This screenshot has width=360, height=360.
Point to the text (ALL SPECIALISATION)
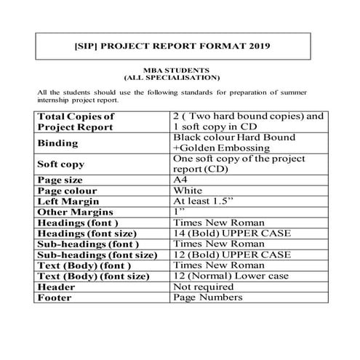[172, 77]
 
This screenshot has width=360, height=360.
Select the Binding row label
[63, 143]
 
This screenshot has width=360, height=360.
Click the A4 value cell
[181, 179]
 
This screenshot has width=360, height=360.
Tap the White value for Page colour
[188, 191]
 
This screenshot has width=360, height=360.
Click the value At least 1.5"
[202, 201]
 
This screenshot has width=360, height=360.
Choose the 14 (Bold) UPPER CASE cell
[231, 233]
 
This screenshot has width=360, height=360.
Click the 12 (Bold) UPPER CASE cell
[231, 255]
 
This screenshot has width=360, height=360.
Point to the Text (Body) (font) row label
[82, 266]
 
